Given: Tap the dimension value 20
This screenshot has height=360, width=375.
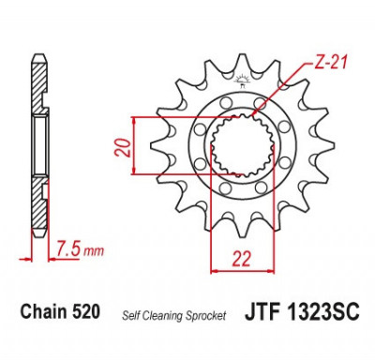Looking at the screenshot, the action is tap(123, 146).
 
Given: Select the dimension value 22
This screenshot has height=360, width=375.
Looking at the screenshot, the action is tap(242, 259).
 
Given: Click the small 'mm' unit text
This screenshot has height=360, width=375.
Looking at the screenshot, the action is tap(94, 251).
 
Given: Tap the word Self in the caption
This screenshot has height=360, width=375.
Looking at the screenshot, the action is tap(131, 315).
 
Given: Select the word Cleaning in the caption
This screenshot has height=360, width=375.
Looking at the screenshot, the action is tap(162, 316).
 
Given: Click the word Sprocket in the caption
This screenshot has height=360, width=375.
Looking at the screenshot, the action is tap(205, 316).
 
